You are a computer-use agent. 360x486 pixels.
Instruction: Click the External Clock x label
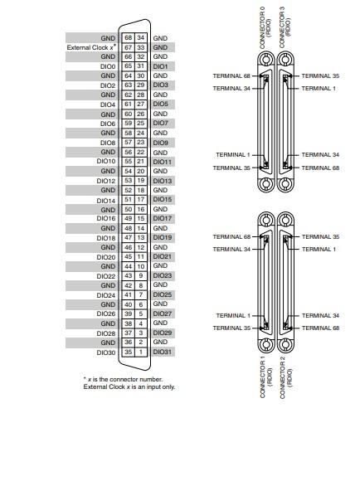point(91,48)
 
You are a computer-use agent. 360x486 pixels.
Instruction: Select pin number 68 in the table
point(128,38)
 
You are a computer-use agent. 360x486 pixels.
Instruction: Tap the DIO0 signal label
point(107,66)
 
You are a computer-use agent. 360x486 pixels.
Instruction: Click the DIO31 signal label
point(163,352)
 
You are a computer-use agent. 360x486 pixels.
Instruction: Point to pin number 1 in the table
point(141,352)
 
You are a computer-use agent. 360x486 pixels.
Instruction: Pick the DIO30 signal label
point(105,352)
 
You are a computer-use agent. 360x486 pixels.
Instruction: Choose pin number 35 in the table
point(128,352)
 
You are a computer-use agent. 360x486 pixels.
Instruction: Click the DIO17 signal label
point(163,219)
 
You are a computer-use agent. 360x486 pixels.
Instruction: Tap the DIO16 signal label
point(105,219)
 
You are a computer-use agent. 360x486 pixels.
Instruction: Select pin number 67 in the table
point(128,48)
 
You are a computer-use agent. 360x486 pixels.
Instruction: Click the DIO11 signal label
point(163,162)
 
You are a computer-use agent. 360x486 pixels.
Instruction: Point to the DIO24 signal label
point(105,294)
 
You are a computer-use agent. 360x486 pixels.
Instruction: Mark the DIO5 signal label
point(161,104)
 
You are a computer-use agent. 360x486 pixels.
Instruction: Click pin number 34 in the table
point(141,38)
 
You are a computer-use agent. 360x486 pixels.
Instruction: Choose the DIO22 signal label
point(105,276)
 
